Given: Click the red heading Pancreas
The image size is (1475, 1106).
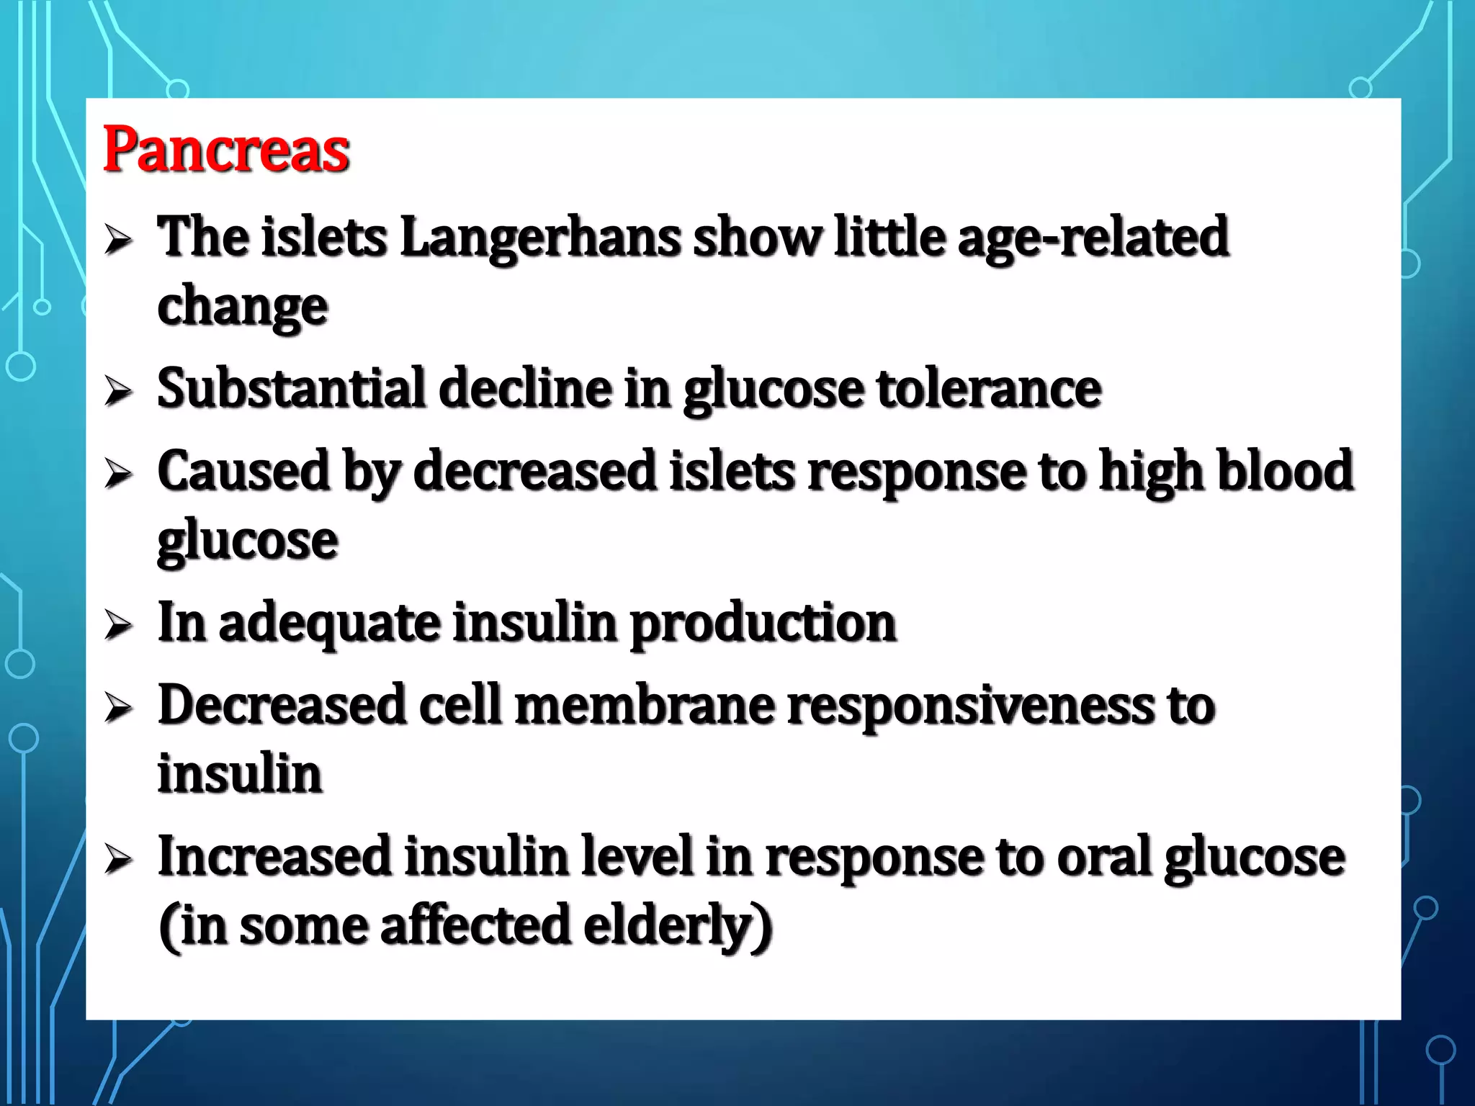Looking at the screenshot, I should pyautogui.click(x=226, y=150).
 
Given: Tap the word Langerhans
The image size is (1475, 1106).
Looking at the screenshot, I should pyautogui.click(x=540, y=238).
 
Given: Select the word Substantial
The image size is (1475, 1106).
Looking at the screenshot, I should pyautogui.click(x=292, y=389).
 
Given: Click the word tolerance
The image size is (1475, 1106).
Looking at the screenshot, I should pyautogui.click(x=989, y=389).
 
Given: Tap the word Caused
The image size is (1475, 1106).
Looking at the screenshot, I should pyautogui.click(x=243, y=471).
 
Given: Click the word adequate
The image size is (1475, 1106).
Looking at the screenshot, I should pyautogui.click(x=330, y=623).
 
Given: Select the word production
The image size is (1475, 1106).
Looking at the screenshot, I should pyautogui.click(x=763, y=624).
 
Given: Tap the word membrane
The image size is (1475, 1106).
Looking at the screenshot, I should pyautogui.click(x=645, y=705).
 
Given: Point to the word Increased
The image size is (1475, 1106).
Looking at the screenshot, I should pyautogui.click(x=274, y=857).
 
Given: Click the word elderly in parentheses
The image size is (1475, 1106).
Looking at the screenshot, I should pyautogui.click(x=677, y=927).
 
